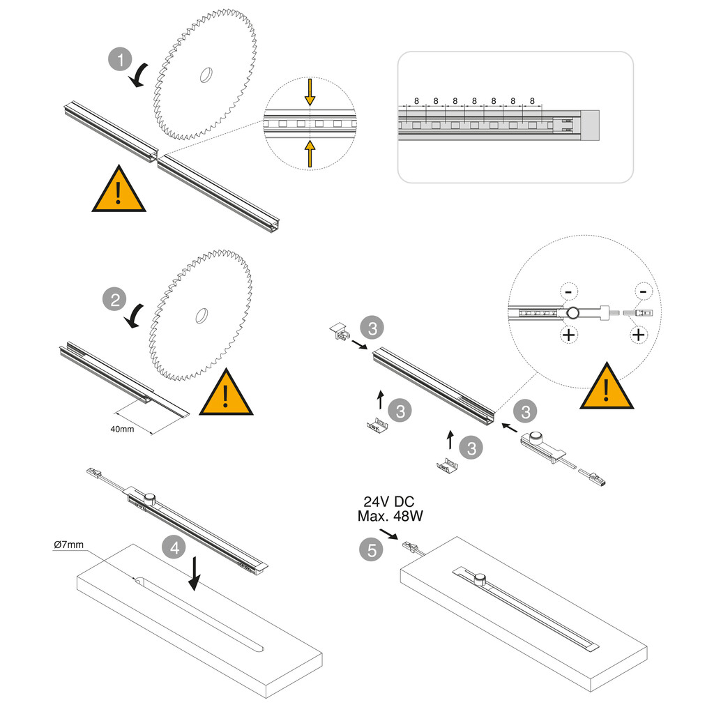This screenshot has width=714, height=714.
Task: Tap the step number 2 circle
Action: (115, 300)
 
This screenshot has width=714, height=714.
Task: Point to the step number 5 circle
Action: (372, 549)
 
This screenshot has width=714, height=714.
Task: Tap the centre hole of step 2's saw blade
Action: (202, 315)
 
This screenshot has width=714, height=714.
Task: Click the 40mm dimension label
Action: (122, 428)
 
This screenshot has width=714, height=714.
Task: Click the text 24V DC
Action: (389, 501)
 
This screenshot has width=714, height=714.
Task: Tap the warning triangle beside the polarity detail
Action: (607, 388)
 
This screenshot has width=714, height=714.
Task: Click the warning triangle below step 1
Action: (119, 191)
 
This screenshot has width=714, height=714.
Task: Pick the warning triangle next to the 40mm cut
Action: (226, 395)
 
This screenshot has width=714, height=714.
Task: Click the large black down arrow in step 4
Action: (195, 573)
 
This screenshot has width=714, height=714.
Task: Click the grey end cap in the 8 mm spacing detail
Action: (590, 125)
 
